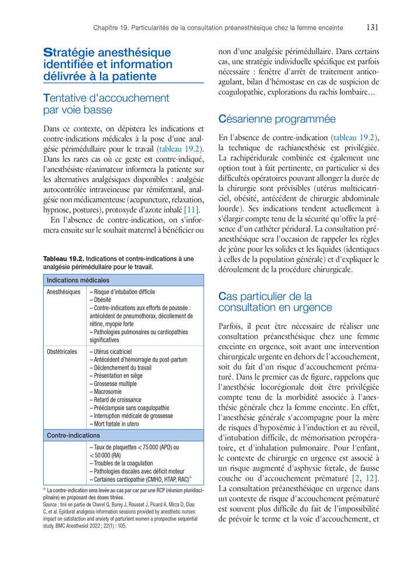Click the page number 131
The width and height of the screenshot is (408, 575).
tap(372, 27)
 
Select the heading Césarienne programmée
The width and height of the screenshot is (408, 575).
tap(277, 119)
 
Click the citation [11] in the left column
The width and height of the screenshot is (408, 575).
tap(191, 210)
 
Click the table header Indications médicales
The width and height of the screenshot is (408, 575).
tap(78, 281)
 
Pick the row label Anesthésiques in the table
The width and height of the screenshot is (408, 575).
tap(64, 292)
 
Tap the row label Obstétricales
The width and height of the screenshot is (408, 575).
tap(62, 352)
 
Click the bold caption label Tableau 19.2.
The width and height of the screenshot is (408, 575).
tap(64, 259)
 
